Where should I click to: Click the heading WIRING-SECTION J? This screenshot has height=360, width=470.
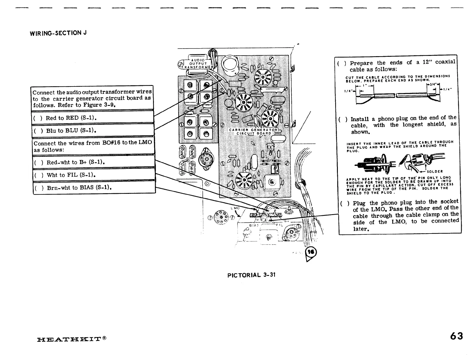58,33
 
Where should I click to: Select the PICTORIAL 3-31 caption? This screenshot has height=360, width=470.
251,275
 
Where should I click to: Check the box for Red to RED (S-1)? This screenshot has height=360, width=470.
37,118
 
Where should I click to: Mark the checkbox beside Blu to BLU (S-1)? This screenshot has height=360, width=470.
38,131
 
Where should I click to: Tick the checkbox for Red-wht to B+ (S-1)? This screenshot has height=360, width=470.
38,162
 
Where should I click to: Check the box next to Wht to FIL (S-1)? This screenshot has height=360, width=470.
38,175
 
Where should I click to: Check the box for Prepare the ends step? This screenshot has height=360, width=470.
341,63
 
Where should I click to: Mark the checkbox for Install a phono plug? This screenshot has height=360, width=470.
343,119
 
